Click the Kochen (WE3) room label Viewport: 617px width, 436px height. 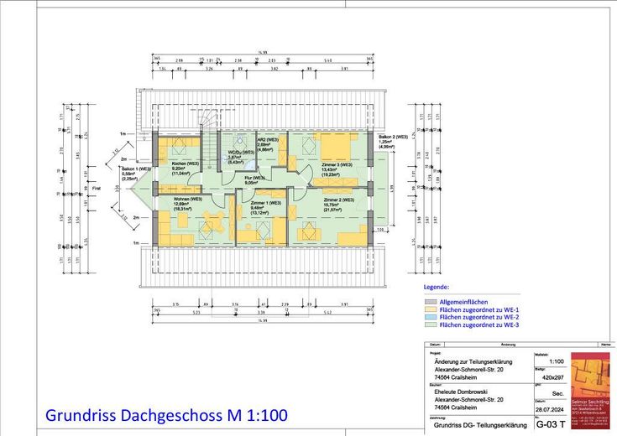185,163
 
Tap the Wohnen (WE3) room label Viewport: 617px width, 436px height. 187,200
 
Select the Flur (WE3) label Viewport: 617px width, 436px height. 254,178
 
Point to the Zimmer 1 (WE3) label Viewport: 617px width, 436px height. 265,204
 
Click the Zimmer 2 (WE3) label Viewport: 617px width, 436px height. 337,200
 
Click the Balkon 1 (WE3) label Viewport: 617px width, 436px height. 136,169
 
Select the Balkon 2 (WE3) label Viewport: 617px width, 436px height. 393,136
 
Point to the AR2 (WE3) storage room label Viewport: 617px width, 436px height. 267,139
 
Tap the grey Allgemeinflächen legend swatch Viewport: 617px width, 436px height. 431,302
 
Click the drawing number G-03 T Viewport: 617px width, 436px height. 551,424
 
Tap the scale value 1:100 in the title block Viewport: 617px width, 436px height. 556,361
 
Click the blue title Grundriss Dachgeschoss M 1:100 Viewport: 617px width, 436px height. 166,415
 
